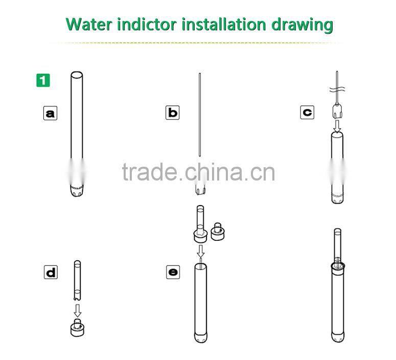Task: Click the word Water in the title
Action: (x=88, y=25)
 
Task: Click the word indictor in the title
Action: (x=147, y=25)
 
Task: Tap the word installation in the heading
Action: (x=224, y=25)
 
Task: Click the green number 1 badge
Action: (x=43, y=80)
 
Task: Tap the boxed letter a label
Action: (x=50, y=112)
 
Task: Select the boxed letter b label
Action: (x=173, y=112)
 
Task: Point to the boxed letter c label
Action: (x=308, y=112)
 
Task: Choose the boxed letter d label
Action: (x=51, y=272)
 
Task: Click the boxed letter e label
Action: (x=173, y=272)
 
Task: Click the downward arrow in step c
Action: (x=337, y=126)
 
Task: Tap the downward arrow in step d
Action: (x=78, y=310)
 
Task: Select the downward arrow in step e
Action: (x=200, y=251)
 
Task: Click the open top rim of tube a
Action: (x=77, y=75)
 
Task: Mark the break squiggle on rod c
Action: (x=337, y=89)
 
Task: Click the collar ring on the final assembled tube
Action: (x=338, y=265)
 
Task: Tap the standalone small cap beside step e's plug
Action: (x=218, y=231)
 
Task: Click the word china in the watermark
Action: (x=214, y=172)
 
